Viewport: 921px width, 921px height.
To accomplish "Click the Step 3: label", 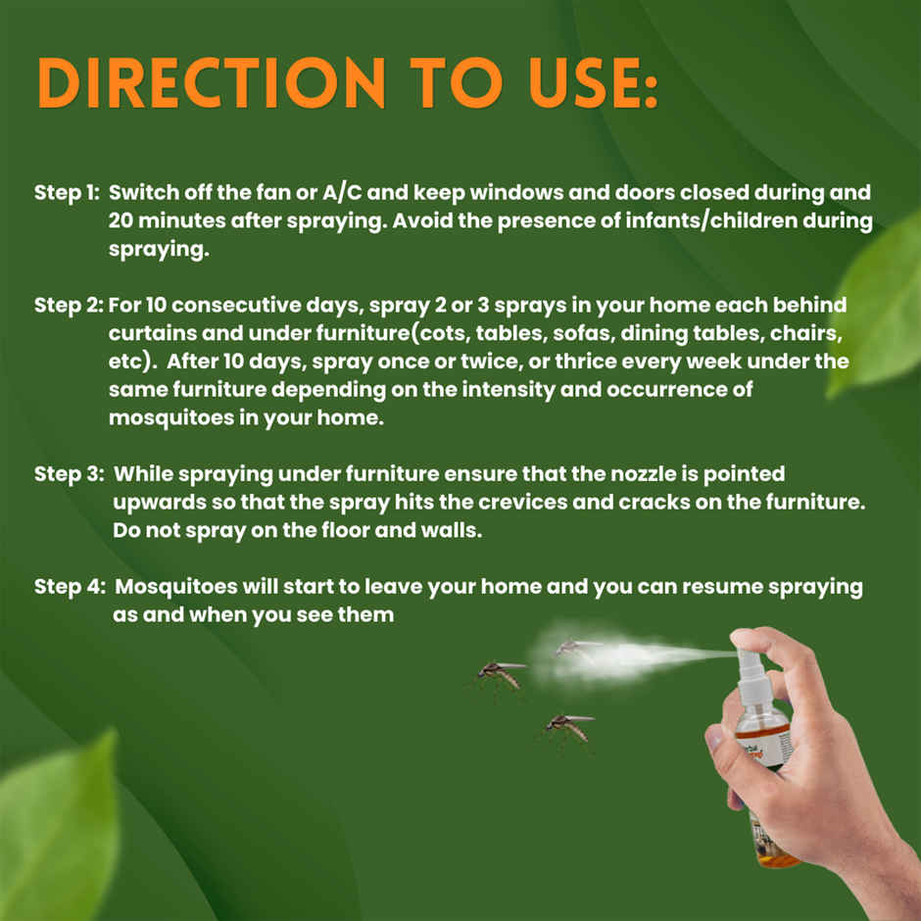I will coord(69,474).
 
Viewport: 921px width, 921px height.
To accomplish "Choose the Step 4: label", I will coord(69,587).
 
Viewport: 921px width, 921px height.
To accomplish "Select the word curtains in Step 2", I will coord(148,333).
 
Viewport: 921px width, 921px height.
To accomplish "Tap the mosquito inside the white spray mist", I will coord(575,649).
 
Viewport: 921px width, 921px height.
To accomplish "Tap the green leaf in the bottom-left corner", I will coord(59,833).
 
